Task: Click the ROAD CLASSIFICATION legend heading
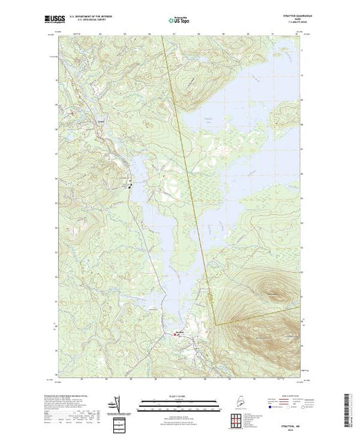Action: point(280,396)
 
